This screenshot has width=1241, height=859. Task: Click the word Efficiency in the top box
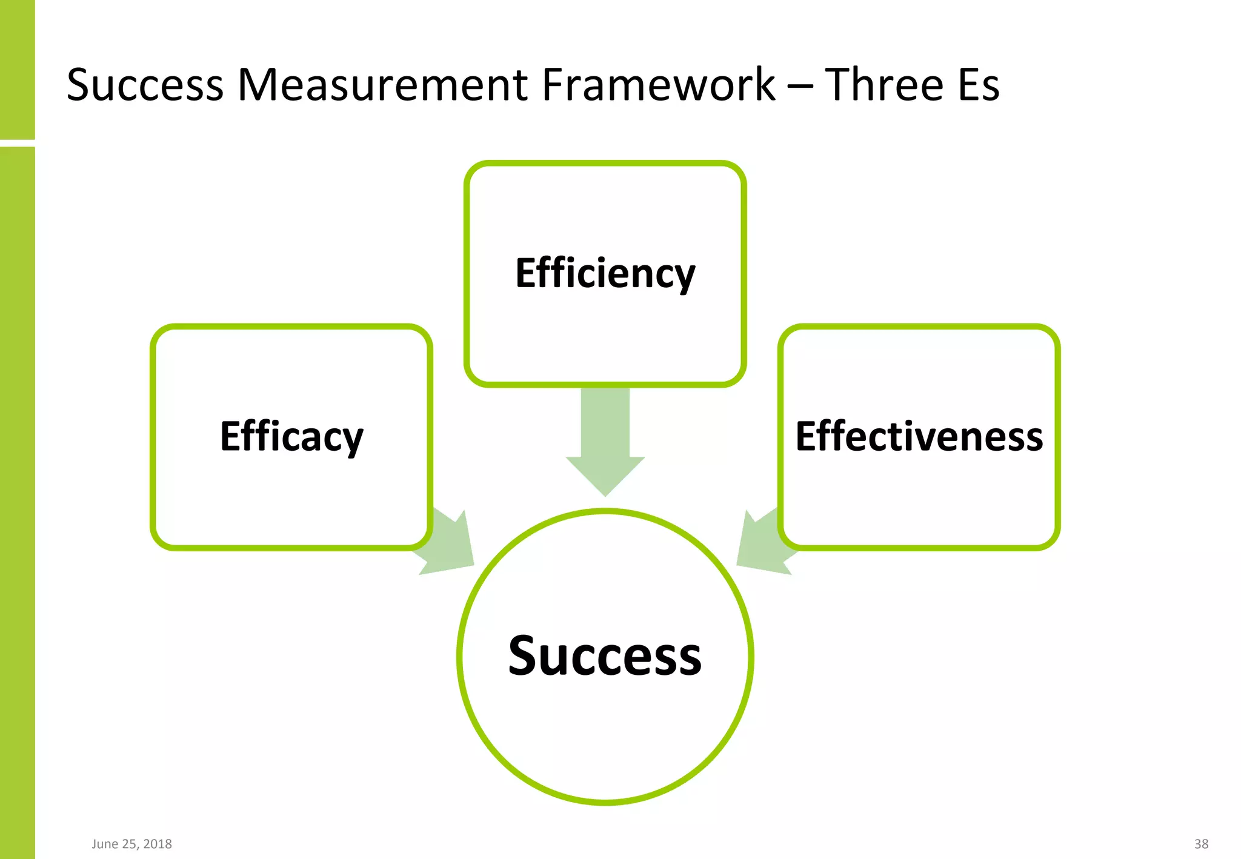coord(605,274)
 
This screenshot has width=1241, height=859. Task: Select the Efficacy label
coord(291,437)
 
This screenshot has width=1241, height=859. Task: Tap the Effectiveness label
coord(919,437)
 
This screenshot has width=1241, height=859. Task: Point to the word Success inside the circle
coord(605,656)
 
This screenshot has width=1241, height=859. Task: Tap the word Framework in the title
coord(658,85)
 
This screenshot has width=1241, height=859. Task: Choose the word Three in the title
coord(884,85)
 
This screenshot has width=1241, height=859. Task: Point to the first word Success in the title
coord(145,85)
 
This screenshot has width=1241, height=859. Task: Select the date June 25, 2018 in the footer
coord(131,844)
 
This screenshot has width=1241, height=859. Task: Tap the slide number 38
coord(1201,844)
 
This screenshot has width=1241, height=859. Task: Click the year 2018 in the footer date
coord(158,844)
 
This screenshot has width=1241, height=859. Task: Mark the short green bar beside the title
coord(17,69)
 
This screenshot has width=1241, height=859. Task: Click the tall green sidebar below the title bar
coord(17,503)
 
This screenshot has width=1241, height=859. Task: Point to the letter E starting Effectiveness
coord(808,436)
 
